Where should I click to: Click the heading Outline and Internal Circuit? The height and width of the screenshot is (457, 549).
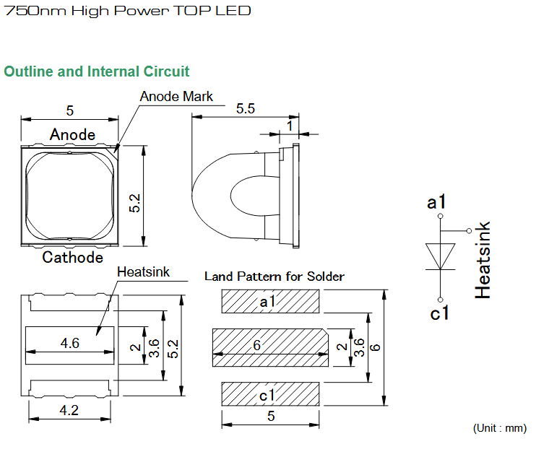pyautogui.click(x=97, y=71)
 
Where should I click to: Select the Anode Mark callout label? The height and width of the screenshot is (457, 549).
pyautogui.click(x=176, y=96)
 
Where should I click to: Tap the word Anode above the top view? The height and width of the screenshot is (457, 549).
pyautogui.click(x=72, y=135)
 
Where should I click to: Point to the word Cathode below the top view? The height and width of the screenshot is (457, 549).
pyautogui.click(x=72, y=257)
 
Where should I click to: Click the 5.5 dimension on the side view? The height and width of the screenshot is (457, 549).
pyautogui.click(x=246, y=108)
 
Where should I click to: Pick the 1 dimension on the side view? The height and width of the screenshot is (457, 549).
pyautogui.click(x=290, y=126)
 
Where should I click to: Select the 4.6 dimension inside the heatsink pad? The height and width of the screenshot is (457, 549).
pyautogui.click(x=69, y=343)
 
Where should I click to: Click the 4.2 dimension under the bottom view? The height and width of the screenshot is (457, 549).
pyautogui.click(x=69, y=410)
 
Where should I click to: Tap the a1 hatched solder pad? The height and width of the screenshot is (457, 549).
pyautogui.click(x=270, y=301)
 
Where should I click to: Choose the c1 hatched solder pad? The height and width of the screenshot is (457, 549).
pyautogui.click(x=270, y=394)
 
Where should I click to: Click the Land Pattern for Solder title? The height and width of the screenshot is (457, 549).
pyautogui.click(x=274, y=277)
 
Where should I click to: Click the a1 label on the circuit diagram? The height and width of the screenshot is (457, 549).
pyautogui.click(x=436, y=202)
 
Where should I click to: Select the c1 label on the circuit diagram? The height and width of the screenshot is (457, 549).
pyautogui.click(x=439, y=313)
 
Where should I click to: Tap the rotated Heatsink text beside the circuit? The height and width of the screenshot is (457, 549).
pyautogui.click(x=483, y=260)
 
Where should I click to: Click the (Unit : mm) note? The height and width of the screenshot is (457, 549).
pyautogui.click(x=500, y=428)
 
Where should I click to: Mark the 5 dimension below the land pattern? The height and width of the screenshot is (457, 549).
pyautogui.click(x=271, y=416)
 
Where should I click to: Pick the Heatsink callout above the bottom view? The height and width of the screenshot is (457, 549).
pyautogui.click(x=143, y=272)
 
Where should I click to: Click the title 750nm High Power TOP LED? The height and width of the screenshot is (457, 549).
pyautogui.click(x=127, y=11)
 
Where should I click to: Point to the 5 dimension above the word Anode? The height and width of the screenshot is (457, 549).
pyautogui.click(x=69, y=110)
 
